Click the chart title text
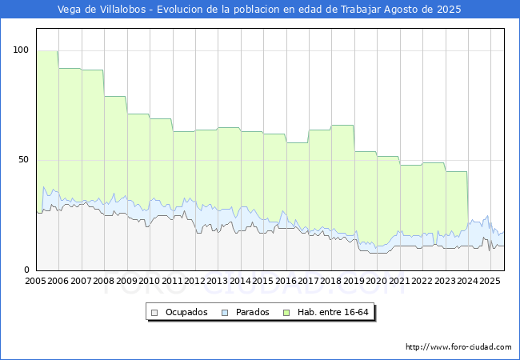[x=260, y=10]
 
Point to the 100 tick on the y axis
[x=21, y=50]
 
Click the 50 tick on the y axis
[x=23, y=160]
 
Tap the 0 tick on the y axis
[x=26, y=270]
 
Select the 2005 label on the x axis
[x=36, y=282]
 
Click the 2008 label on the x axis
[x=104, y=282]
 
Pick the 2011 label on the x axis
[x=172, y=282]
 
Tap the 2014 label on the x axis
[x=240, y=282]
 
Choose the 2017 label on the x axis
[x=309, y=282]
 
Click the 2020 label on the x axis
[x=377, y=282]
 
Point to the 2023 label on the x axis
[x=445, y=282]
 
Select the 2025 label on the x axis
[x=490, y=282]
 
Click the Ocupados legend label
[x=186, y=312]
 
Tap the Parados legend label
[x=253, y=312]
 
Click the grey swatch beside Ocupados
[x=155, y=312]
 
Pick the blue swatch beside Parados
[x=226, y=312]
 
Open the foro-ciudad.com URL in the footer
[x=458, y=347]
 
